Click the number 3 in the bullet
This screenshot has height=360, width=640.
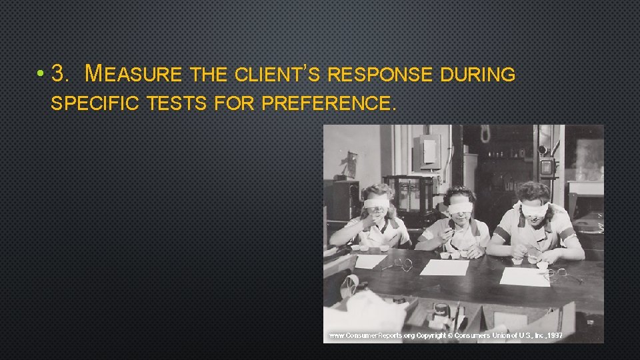pyautogui.click(x=60, y=74)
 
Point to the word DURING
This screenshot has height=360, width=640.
pyautogui.click(x=478, y=74)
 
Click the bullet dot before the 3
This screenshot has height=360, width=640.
pyautogui.click(x=41, y=75)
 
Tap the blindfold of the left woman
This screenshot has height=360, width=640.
pyautogui.click(x=375, y=202)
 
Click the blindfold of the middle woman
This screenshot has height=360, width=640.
pyautogui.click(x=459, y=207)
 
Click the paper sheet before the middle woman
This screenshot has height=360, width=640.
pyautogui.click(x=445, y=267)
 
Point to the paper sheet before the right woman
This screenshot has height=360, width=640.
pyautogui.click(x=525, y=277)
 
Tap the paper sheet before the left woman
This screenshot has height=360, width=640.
pyautogui.click(x=371, y=261)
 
